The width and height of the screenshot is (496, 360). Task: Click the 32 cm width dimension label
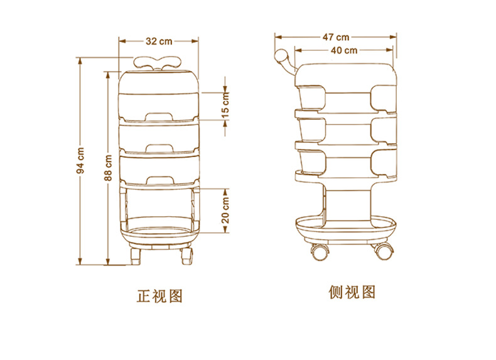coord(159,41)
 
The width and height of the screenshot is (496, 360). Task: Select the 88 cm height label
coord(109,169)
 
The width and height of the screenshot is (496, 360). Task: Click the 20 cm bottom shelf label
coord(225,209)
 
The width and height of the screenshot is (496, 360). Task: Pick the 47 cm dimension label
coord(337,37)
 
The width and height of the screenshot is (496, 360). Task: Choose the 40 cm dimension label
coord(345,50)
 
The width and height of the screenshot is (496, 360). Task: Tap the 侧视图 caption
coord(352,292)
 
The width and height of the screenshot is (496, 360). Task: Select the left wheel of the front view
coord(136,256)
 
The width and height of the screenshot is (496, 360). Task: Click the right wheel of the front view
coord(186,256)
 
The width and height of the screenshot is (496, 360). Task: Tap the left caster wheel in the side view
coord(320,252)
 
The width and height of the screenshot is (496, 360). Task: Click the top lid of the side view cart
coord(347,73)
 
